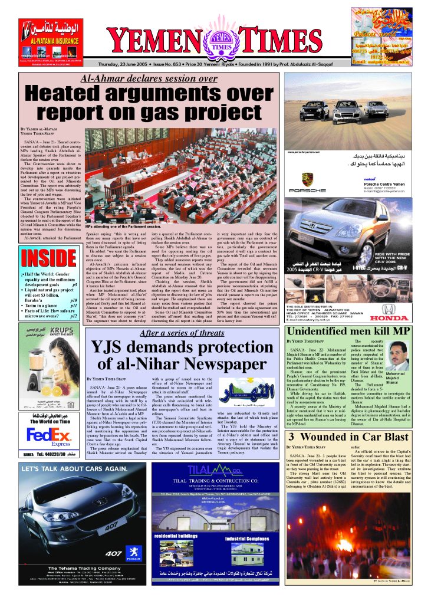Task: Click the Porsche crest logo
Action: click(x=307, y=177)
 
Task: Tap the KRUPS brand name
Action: click(x=58, y=314)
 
